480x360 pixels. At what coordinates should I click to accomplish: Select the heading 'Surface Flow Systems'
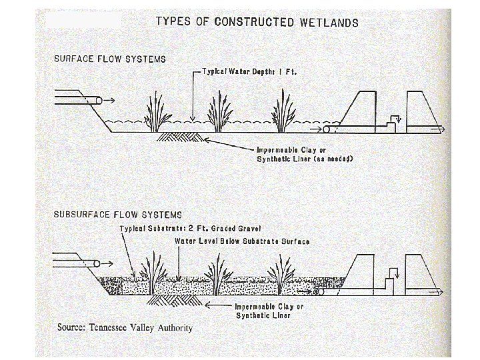(x=110, y=59)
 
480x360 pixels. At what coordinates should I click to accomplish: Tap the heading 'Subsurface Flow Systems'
(x=117, y=215)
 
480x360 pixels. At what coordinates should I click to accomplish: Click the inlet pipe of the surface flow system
(x=76, y=100)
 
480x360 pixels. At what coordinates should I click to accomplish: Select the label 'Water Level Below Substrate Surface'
(x=241, y=241)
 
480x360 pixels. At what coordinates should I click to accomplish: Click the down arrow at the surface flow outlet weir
(x=393, y=121)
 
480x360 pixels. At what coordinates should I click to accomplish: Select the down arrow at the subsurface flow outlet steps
(x=393, y=273)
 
